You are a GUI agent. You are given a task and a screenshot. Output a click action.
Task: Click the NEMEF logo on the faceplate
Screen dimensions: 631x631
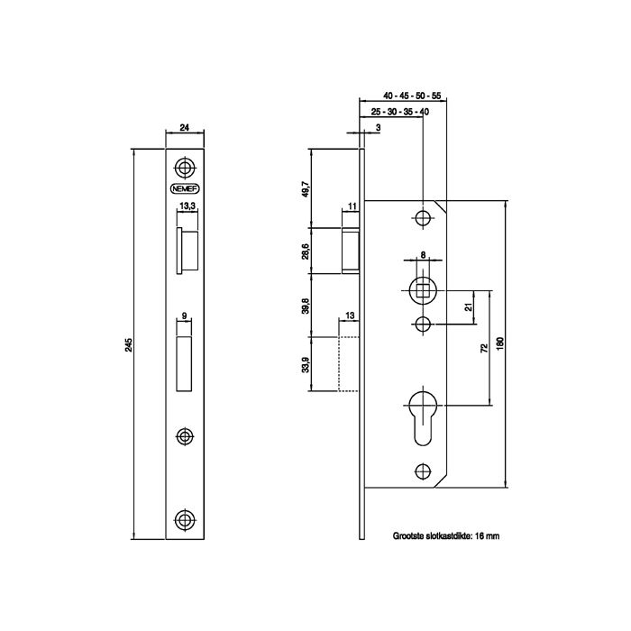[185, 188]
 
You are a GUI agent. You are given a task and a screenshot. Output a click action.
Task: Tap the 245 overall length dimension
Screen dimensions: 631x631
[128, 345]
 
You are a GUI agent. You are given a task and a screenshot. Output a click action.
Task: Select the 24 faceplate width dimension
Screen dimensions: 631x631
[184, 128]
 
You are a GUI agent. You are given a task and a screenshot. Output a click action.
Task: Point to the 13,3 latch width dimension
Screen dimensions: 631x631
[187, 206]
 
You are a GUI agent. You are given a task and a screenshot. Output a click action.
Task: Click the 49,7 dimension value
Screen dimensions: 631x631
[306, 188]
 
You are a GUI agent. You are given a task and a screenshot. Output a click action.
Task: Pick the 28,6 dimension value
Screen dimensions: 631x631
[306, 251]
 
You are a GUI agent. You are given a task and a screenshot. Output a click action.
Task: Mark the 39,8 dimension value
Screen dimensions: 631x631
[306, 306]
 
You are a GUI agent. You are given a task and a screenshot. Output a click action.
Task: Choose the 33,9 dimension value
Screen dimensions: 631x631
[306, 364]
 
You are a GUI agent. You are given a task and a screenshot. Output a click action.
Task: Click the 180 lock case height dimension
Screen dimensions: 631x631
[500, 343]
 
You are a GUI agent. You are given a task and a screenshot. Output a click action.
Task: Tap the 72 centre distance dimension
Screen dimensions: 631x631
[484, 348]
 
